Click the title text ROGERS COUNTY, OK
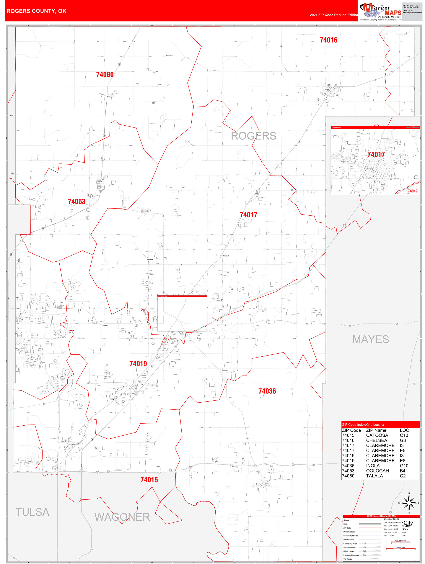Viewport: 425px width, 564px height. point(36,11)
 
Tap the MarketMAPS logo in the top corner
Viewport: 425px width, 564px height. point(380,11)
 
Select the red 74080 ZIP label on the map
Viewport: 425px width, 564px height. point(105,75)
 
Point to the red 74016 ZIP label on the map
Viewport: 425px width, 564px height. point(328,40)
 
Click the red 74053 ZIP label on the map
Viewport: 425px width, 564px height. point(77,202)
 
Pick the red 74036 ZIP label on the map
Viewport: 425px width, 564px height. point(267,391)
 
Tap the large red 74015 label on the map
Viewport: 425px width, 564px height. point(149,480)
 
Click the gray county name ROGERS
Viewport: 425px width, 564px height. point(254,136)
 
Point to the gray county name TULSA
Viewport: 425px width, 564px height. point(32,512)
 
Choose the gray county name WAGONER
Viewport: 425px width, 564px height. point(122,517)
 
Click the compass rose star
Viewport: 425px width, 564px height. point(409,503)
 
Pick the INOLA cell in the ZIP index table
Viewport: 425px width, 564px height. point(373,466)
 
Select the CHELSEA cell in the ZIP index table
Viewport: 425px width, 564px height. point(377,440)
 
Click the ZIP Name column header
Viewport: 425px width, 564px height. point(376,430)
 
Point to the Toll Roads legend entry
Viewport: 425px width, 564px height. point(348,559)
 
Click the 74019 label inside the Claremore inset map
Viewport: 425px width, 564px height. point(412,191)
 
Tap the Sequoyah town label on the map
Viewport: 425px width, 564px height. point(226,256)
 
